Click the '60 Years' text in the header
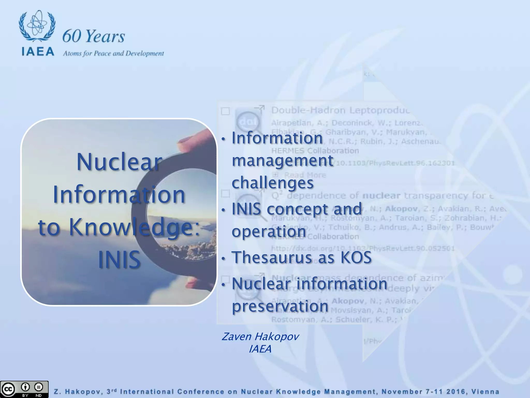pyautogui.click(x=93, y=36)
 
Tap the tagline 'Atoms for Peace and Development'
pyautogui.click(x=113, y=53)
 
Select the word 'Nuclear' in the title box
pyautogui.click(x=119, y=162)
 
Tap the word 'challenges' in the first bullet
pyautogui.click(x=273, y=183)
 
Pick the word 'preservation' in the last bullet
pyautogui.click(x=280, y=306)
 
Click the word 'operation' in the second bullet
pyautogui.click(x=269, y=231)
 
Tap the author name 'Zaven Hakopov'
pyautogui.click(x=260, y=337)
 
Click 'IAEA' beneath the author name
pyautogui.click(x=260, y=349)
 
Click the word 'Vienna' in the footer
pyautogui.click(x=485, y=392)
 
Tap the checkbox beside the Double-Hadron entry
pyautogui.click(x=225, y=111)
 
